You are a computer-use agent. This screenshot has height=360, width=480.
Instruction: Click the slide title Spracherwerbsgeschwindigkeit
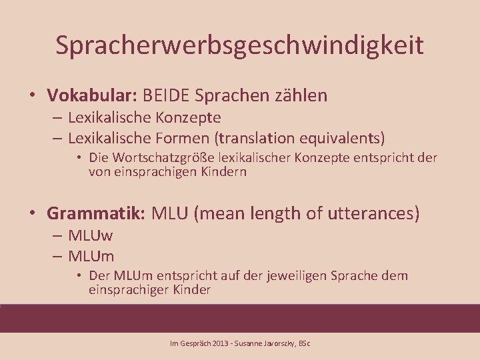(x=239, y=45)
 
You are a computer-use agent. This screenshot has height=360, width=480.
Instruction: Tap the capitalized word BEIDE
(x=165, y=95)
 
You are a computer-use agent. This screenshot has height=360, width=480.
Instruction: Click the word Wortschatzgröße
(x=158, y=158)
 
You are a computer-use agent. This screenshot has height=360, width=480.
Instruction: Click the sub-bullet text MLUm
(x=91, y=256)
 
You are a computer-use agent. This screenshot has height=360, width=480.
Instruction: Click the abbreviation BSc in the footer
(x=304, y=344)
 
